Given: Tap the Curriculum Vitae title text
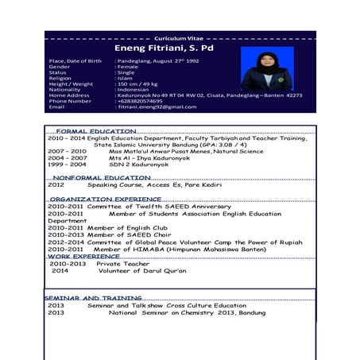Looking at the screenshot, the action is (179, 38).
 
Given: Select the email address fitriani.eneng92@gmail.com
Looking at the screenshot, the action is (157, 106).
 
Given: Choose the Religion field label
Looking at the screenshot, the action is (60, 78).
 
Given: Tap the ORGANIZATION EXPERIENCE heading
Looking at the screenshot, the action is (105, 199).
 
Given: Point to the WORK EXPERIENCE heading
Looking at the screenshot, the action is (83, 257).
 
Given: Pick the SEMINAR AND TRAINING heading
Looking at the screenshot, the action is (93, 298).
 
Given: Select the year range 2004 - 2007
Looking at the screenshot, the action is (67, 157).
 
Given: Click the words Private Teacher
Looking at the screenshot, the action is (122, 264).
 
